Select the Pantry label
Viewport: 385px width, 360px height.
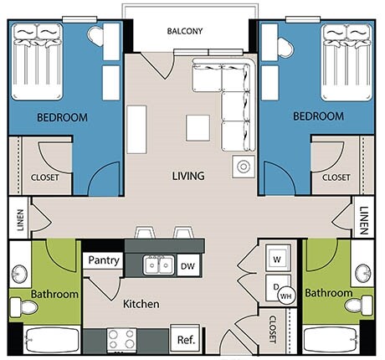[x=104, y=260]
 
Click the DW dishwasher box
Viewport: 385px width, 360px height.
[x=188, y=266]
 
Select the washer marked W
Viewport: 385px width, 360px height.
[x=276, y=259]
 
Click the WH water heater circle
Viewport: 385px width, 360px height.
[x=285, y=296]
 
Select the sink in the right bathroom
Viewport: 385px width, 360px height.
[x=362, y=273]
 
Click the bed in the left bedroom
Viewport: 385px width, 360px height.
[x=38, y=59]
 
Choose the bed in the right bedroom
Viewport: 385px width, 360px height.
[x=345, y=59]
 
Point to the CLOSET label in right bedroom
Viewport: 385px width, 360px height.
[x=336, y=177]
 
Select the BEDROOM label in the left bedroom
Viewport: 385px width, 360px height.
[x=62, y=117]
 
